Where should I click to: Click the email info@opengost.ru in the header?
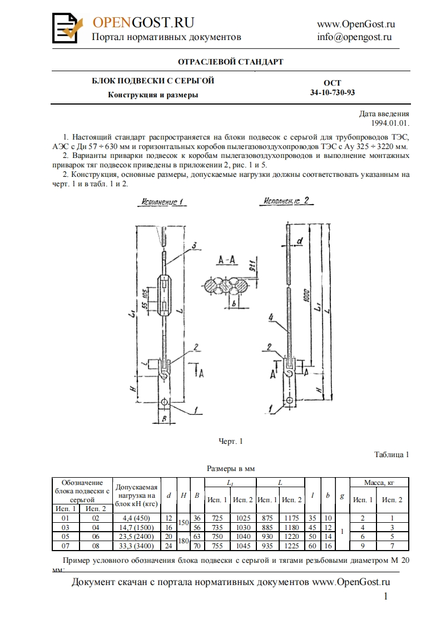[x=354, y=37]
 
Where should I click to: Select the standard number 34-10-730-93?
[x=332, y=92]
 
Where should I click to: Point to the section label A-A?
[x=228, y=259]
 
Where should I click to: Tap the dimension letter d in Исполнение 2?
[x=299, y=241]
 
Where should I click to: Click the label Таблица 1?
[x=392, y=454]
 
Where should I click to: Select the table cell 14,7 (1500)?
[x=137, y=527]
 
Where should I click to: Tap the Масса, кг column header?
[x=379, y=482]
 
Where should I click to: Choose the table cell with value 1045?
[x=243, y=545]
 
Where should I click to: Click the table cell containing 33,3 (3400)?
[x=137, y=545]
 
